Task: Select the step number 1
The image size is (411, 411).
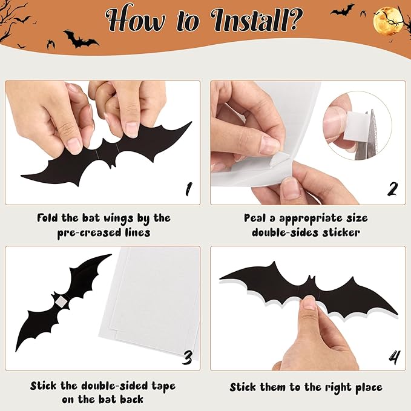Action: click(x=189, y=189)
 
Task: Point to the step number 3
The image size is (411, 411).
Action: click(x=189, y=357)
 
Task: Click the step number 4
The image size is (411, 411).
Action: click(x=393, y=357)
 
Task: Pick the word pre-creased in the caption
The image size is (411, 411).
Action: click(x=67, y=232)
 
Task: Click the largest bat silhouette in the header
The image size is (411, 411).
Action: click(x=81, y=40)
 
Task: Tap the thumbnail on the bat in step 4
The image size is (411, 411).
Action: click(x=309, y=303)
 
